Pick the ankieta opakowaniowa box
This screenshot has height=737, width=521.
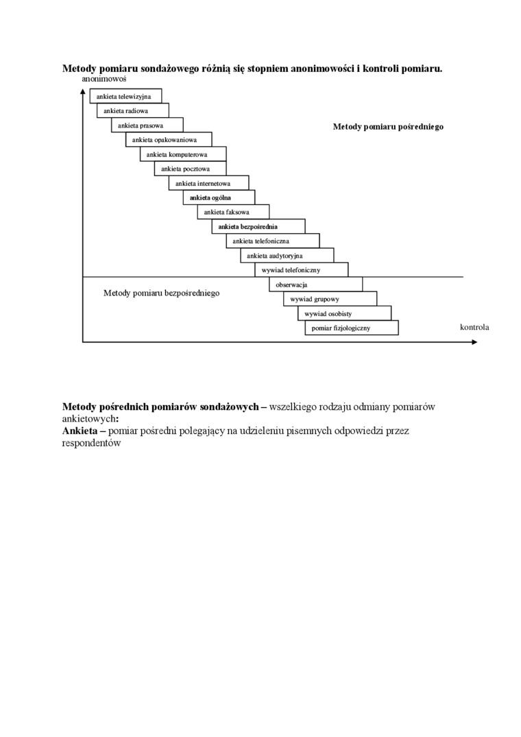coord(169,140)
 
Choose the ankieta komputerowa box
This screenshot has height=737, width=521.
coord(183,154)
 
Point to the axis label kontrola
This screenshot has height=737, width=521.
coord(474,327)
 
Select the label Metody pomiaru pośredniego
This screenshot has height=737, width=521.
coord(388,126)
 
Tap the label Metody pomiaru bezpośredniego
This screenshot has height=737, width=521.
coord(161,293)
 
